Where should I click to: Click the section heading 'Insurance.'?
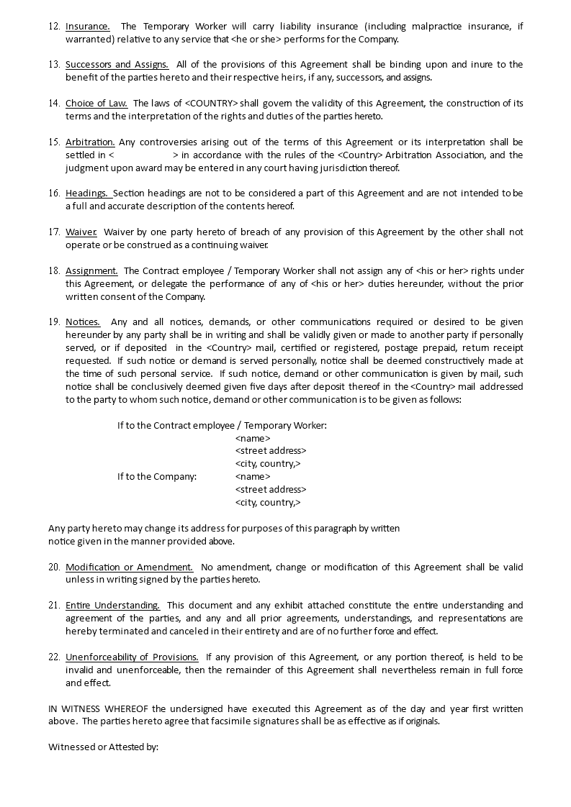(x=87, y=27)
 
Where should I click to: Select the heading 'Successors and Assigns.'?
(x=117, y=65)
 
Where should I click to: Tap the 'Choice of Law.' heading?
(x=96, y=104)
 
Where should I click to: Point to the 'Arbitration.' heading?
(x=90, y=142)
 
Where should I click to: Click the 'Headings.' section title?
(x=87, y=193)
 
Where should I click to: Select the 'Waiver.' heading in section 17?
(x=81, y=232)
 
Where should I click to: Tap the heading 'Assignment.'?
(x=91, y=271)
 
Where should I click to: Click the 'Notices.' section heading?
(x=83, y=322)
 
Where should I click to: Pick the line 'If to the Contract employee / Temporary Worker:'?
(x=222, y=426)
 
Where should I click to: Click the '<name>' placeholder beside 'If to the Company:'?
(x=253, y=477)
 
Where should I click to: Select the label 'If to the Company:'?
(x=157, y=477)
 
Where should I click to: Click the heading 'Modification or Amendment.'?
(x=129, y=567)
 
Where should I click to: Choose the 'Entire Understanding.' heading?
(x=112, y=606)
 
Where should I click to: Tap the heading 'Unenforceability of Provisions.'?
(x=132, y=657)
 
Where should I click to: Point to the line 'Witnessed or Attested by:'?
(x=103, y=747)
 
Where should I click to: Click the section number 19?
(x=54, y=322)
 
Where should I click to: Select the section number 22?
(x=54, y=657)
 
